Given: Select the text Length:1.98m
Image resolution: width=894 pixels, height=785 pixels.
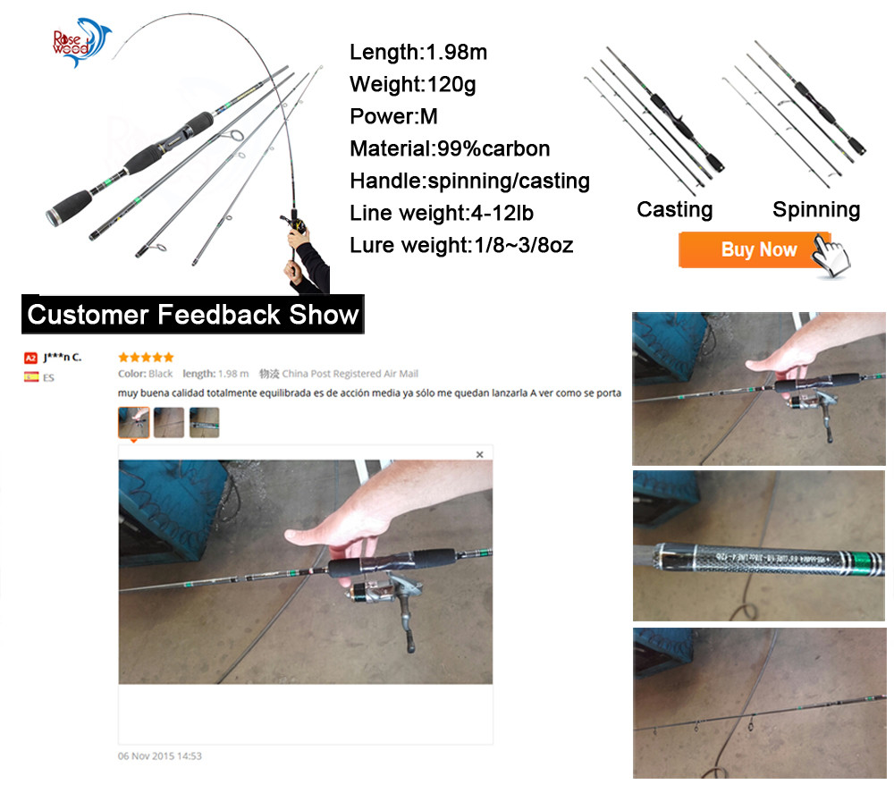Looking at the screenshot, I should tap(417, 53).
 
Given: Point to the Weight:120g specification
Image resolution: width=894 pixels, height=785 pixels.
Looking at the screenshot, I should tap(413, 85).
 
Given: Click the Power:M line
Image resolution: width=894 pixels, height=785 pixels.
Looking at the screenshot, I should tap(393, 116).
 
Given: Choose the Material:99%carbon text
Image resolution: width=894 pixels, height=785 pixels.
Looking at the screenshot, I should tap(450, 148).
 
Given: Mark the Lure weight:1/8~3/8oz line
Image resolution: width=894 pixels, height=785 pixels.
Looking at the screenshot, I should tap(461, 245).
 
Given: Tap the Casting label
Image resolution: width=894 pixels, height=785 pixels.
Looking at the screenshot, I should tap(674, 209).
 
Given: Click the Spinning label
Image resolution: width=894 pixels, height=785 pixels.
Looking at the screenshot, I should tap(816, 209).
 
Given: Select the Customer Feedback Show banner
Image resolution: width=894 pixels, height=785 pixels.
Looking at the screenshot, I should tap(193, 315).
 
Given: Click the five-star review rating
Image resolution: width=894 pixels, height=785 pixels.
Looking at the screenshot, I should tap(146, 358).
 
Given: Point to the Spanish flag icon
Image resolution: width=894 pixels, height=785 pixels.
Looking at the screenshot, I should tap(30, 377).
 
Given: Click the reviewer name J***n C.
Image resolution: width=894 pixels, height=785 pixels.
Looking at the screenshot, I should tap(62, 358).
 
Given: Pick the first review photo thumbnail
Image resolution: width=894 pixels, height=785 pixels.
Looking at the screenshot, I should tap(134, 422).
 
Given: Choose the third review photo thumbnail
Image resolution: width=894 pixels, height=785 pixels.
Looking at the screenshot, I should tap(204, 422).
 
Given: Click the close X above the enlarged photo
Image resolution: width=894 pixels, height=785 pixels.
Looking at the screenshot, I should tap(479, 455).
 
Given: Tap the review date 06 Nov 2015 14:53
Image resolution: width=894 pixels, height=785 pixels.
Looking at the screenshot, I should tap(160, 755).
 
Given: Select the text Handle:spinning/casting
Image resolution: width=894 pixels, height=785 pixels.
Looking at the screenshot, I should tap(469, 181).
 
